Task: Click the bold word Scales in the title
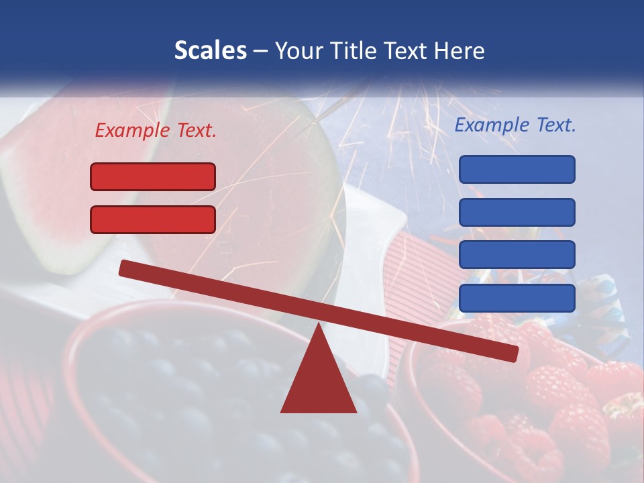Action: (x=210, y=50)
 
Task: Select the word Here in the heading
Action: (x=460, y=50)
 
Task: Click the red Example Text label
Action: (x=156, y=130)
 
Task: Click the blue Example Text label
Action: (x=515, y=125)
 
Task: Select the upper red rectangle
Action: (x=153, y=176)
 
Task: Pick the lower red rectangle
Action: (x=153, y=219)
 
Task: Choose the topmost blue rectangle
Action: (x=517, y=169)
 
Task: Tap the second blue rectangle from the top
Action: (x=517, y=212)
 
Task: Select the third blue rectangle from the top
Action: (x=517, y=255)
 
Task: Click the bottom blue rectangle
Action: (x=517, y=298)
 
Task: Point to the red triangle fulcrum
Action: (x=318, y=379)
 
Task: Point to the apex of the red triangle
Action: (x=318, y=326)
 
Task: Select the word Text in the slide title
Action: (x=409, y=50)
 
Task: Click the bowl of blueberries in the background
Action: (x=221, y=402)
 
